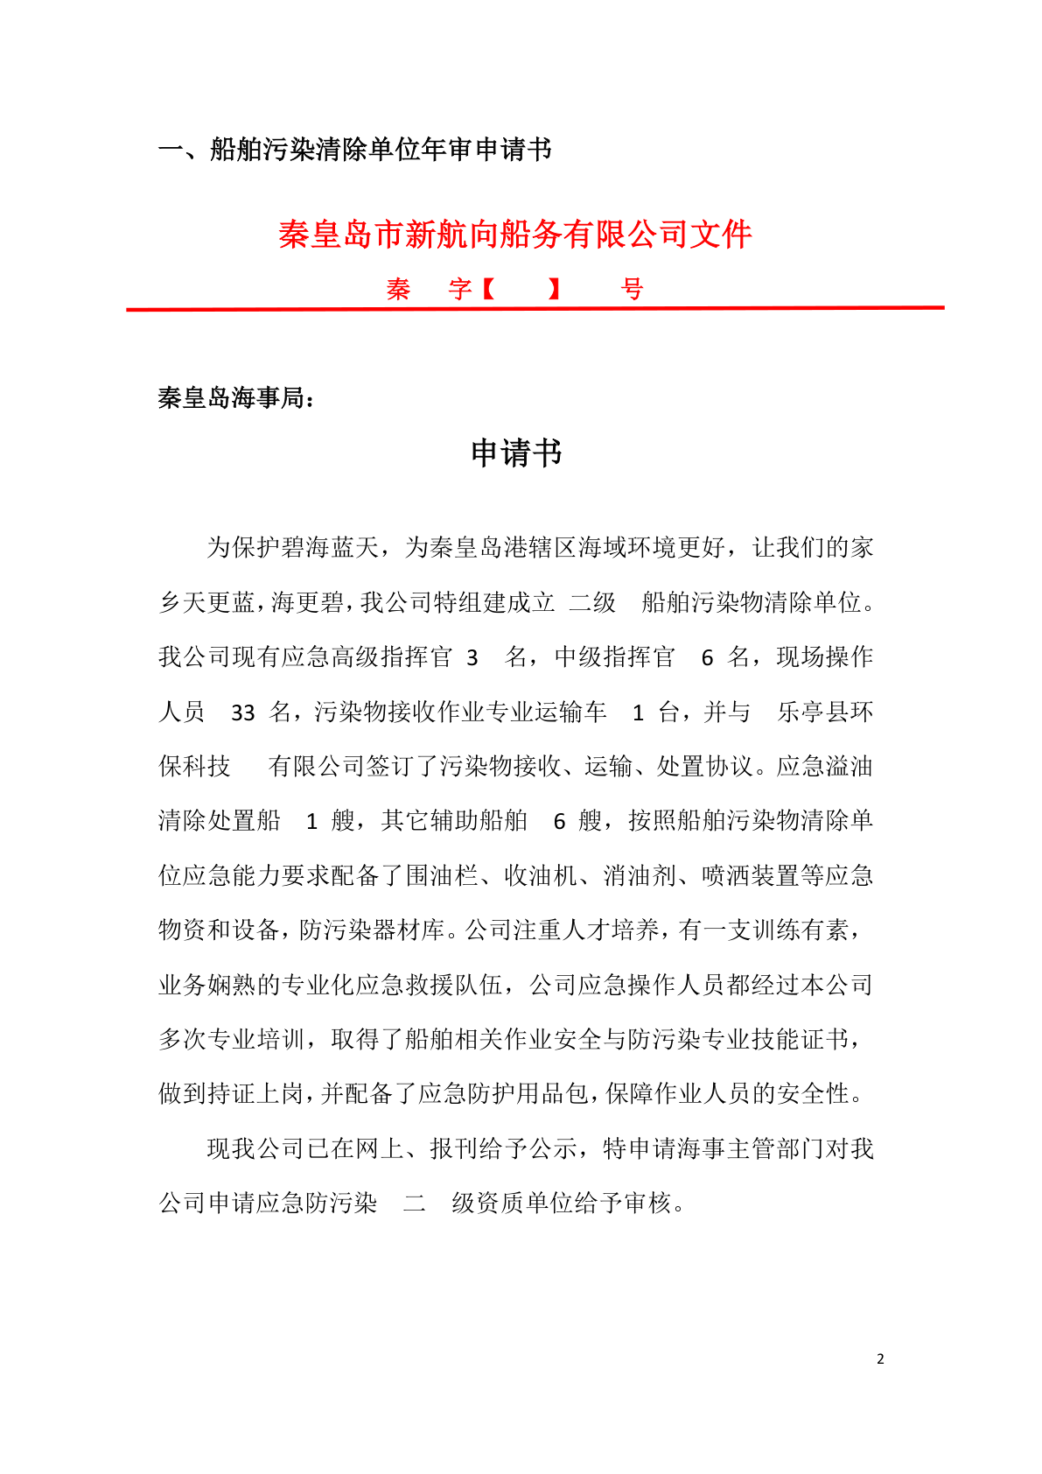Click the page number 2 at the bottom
pyautogui.click(x=880, y=1358)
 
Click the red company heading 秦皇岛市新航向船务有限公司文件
pyautogui.click(x=515, y=235)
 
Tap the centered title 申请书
pyautogui.click(x=516, y=453)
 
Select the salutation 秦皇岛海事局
pyautogui.click(x=231, y=398)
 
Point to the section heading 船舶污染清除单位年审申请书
pyautogui.click(x=381, y=150)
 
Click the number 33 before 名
pyautogui.click(x=242, y=712)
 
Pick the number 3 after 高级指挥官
pyautogui.click(x=472, y=658)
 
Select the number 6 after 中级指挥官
pyautogui.click(x=708, y=658)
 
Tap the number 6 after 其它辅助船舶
pyautogui.click(x=560, y=821)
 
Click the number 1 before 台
pyautogui.click(x=638, y=712)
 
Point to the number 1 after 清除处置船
pyautogui.click(x=311, y=821)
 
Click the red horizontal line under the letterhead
pyautogui.click(x=535, y=308)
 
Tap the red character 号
pyautogui.click(x=632, y=289)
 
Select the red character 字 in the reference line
pyautogui.click(x=460, y=289)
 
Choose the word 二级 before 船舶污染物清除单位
pyautogui.click(x=593, y=602)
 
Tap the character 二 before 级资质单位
pyautogui.click(x=415, y=1203)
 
